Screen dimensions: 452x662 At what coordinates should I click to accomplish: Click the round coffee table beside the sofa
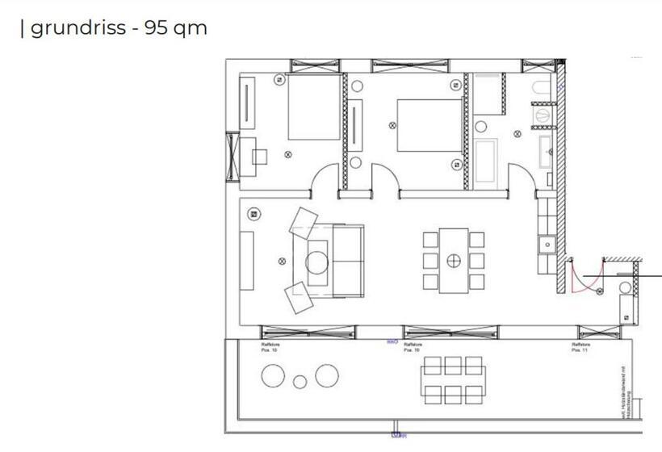(x=316, y=262)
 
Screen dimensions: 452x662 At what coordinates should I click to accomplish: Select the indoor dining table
(x=454, y=260)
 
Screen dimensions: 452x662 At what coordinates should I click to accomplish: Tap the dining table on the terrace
(x=452, y=379)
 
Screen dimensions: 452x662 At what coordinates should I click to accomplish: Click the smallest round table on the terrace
(x=300, y=382)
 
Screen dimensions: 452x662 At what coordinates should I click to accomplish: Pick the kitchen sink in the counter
(x=547, y=242)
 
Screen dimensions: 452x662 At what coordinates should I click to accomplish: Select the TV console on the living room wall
(x=246, y=261)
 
